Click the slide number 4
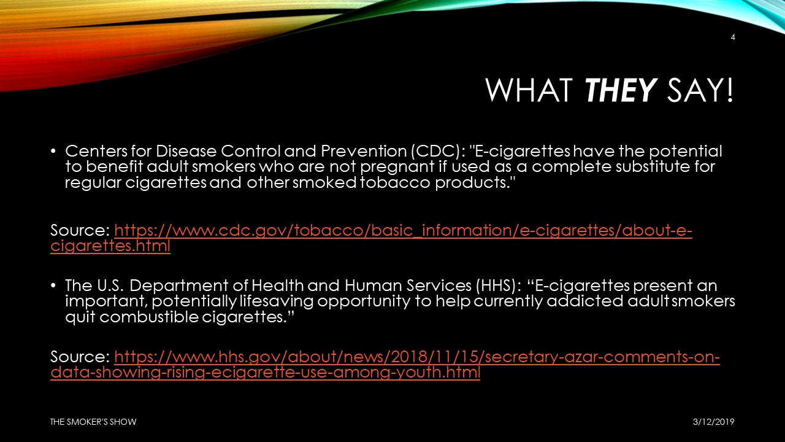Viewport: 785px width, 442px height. (x=733, y=37)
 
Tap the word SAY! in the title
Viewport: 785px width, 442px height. (x=700, y=90)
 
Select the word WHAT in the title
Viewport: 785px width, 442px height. (x=529, y=90)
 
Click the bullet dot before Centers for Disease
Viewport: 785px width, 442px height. (x=53, y=152)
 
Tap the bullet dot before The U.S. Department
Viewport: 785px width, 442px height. (x=53, y=286)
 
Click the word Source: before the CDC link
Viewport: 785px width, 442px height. (x=80, y=230)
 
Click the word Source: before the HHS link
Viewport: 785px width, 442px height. (x=80, y=357)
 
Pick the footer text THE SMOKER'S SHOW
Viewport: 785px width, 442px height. (x=93, y=422)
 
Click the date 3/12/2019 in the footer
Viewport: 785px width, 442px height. (x=713, y=422)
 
